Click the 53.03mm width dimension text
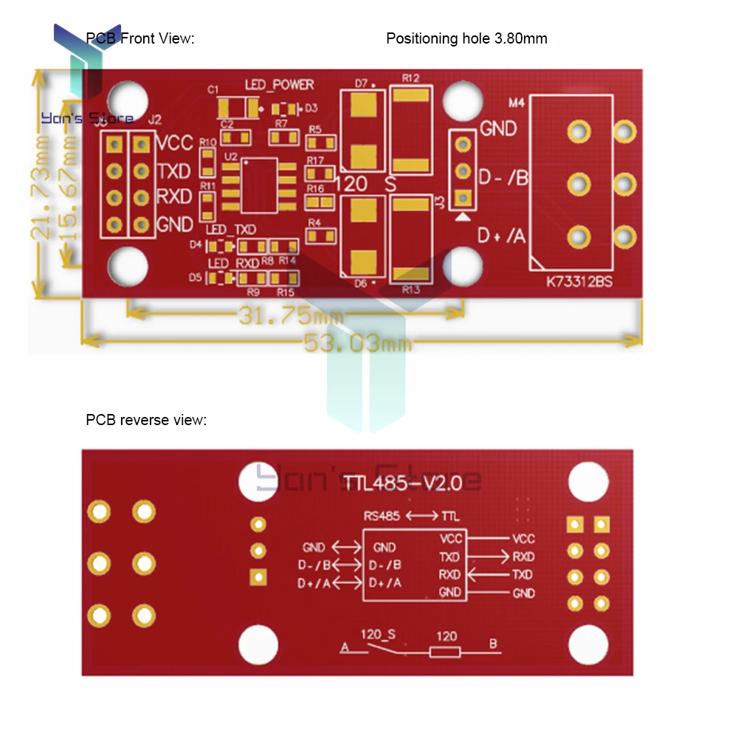357,342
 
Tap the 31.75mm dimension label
291,317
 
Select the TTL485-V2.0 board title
402,483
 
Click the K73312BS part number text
579,282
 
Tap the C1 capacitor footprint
238,108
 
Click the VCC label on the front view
175,142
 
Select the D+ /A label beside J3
502,236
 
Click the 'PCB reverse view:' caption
146,421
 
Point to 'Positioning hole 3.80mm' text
466,38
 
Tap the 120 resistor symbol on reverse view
445,651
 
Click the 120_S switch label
378,634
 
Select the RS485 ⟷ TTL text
411,516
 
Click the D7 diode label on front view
361,83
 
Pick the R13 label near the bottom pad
411,289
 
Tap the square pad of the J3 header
463,197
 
